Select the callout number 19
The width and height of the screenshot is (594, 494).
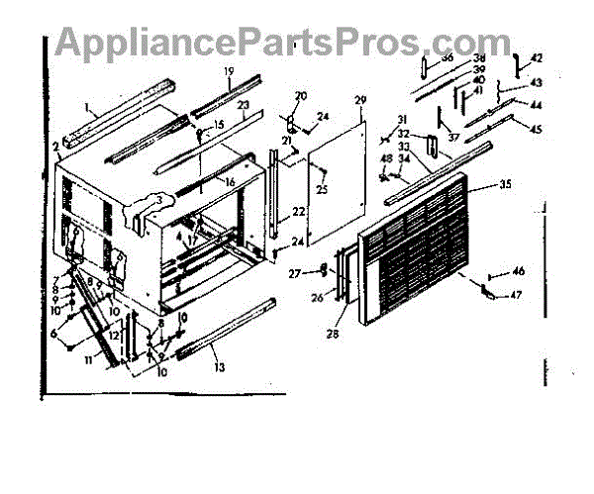pyautogui.click(x=228, y=71)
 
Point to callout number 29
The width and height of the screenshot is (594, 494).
pyautogui.click(x=360, y=101)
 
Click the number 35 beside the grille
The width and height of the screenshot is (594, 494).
pyautogui.click(x=505, y=184)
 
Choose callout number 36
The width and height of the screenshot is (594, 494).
pyautogui.click(x=447, y=58)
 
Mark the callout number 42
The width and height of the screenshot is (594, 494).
pyautogui.click(x=538, y=57)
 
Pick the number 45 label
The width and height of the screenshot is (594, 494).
pyautogui.click(x=537, y=129)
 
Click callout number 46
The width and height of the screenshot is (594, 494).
pyautogui.click(x=519, y=271)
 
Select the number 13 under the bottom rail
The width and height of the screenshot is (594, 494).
pyautogui.click(x=218, y=367)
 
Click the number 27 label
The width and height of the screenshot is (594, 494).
pyautogui.click(x=294, y=273)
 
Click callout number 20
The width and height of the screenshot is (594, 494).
pyautogui.click(x=301, y=96)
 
